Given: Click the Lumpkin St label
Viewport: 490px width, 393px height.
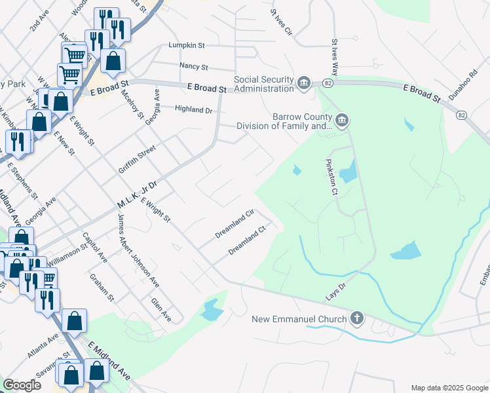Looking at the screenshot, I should coord(187,46).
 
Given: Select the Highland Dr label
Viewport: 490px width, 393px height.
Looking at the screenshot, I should coord(193,110).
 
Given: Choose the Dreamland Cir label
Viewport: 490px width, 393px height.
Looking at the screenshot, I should coord(235,224).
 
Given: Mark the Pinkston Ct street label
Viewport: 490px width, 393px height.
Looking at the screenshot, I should coord(333,177).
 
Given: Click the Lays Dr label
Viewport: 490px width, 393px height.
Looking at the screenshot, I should coord(335,292).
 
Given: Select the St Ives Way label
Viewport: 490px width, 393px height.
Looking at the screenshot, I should coord(335,52).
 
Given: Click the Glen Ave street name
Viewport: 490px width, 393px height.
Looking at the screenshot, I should coord(160,309).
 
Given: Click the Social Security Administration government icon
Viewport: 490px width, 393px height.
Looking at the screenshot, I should coord(303,82).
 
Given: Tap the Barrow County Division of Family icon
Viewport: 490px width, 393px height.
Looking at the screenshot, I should coord(342,121).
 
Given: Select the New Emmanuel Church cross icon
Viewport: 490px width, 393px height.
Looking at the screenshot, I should coord(356,319).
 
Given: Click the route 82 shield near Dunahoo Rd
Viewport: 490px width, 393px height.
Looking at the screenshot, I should coord(462,115).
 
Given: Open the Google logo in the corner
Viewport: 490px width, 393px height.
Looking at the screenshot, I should coord(22,385).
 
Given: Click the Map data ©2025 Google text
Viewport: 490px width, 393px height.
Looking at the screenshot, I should coord(449,388).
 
